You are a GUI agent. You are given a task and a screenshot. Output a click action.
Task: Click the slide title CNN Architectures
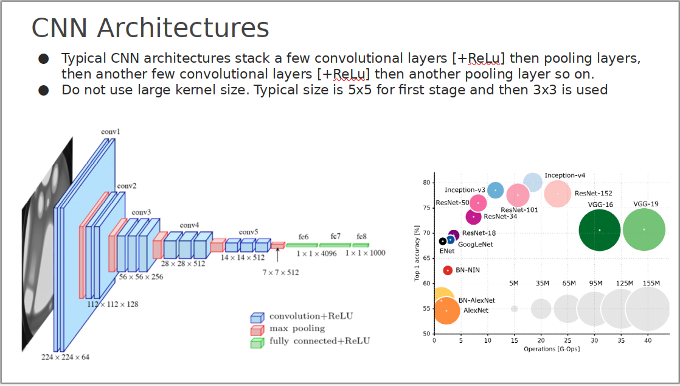[x=150, y=28]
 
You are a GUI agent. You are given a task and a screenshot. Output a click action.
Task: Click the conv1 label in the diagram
[x=110, y=132]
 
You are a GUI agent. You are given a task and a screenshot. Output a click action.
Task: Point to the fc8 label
[x=361, y=237]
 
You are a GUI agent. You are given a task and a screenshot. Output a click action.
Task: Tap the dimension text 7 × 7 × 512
[x=280, y=273]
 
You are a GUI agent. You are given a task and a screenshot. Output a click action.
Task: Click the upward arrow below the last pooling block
[x=277, y=255]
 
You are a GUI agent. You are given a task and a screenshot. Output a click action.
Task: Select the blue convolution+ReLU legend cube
[x=257, y=317]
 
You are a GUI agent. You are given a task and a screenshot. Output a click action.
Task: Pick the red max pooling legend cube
[x=257, y=330]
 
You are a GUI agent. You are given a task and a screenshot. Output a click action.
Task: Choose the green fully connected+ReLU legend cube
[x=257, y=343]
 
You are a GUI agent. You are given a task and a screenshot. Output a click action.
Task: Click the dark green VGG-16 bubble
[x=600, y=230]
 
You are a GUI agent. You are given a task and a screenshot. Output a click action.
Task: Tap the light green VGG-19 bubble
[x=644, y=230]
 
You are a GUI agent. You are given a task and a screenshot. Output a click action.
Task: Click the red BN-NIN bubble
[x=448, y=270]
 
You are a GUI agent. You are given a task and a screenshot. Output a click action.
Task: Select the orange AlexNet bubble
[x=446, y=311]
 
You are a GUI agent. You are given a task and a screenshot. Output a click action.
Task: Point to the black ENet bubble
[x=442, y=242]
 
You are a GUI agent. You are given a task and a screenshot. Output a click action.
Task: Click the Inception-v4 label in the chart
[x=564, y=175]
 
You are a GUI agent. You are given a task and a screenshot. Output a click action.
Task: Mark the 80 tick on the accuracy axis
[x=427, y=183]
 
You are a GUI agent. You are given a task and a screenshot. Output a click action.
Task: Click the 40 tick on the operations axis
[x=648, y=341]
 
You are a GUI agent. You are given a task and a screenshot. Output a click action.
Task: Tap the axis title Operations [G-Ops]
[x=552, y=349]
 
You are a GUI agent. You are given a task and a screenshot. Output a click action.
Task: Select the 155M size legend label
[x=651, y=283]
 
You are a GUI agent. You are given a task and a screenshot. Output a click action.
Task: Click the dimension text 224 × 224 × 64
[x=66, y=357]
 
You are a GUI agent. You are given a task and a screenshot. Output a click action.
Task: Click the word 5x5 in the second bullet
[x=360, y=90]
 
